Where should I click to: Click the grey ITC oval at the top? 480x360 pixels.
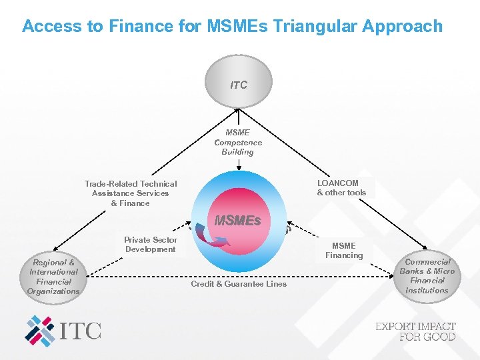(x=238, y=83)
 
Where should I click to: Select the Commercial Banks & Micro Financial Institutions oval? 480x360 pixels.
(x=427, y=276)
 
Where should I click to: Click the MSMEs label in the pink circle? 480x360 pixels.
(x=237, y=220)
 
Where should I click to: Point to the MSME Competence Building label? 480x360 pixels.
(x=238, y=142)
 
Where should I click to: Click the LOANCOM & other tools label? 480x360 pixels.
(x=341, y=187)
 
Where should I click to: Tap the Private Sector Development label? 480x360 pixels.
(x=151, y=245)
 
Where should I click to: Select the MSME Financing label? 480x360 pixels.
(x=344, y=250)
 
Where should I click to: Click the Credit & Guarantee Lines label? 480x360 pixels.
(x=239, y=284)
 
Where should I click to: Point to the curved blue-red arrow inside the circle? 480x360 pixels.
(x=214, y=239)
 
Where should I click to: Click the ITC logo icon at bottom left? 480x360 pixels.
(x=41, y=331)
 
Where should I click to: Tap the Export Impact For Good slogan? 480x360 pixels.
(x=415, y=331)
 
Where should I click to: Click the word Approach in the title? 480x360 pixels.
(x=407, y=26)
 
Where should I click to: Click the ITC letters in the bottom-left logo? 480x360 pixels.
(x=81, y=331)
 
